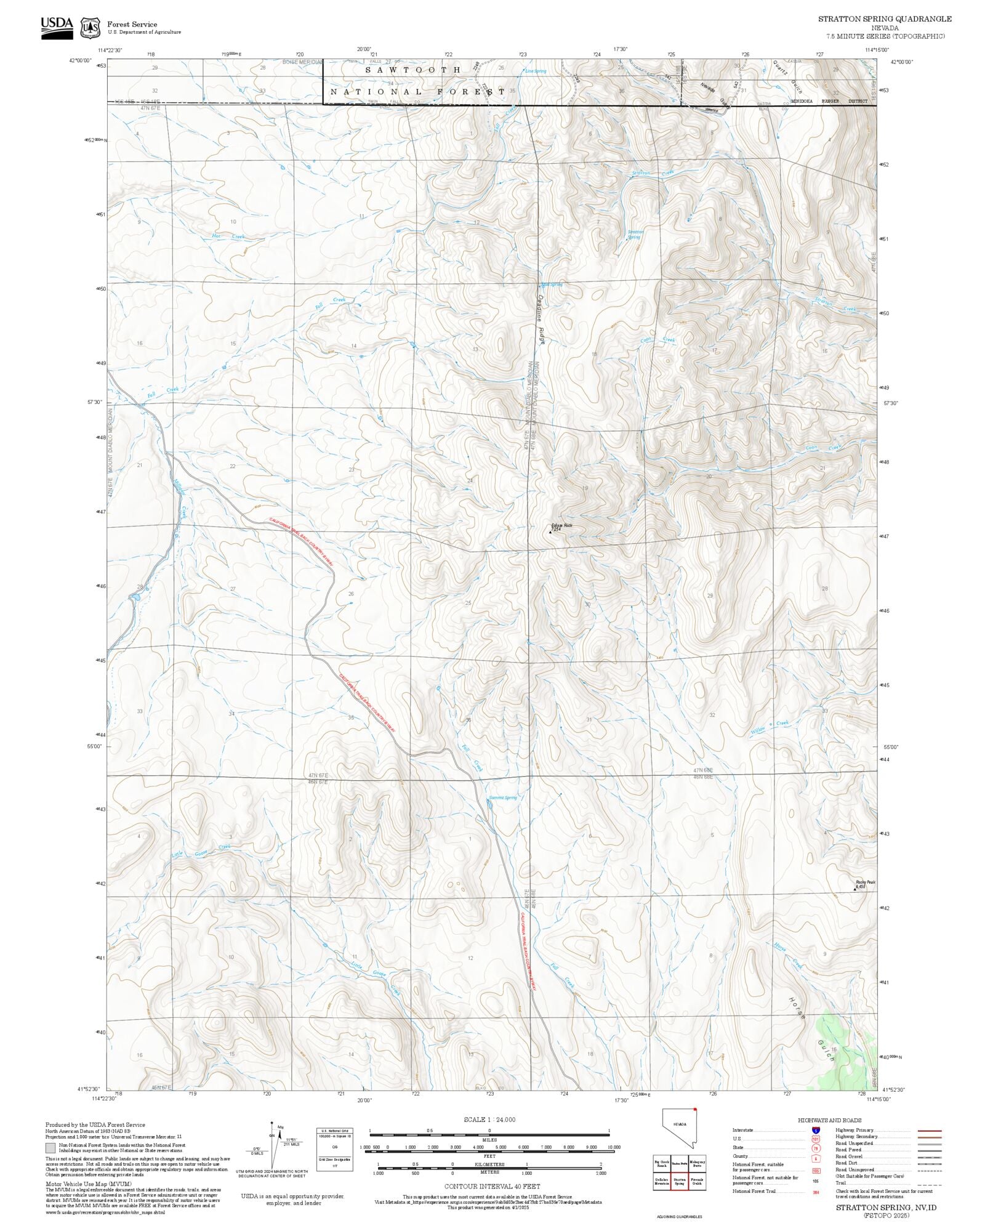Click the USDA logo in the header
pos(57,27)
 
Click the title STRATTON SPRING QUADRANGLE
pos(884,19)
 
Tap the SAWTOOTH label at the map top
pos(413,70)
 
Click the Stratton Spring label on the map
pos(635,235)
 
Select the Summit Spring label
pos(503,797)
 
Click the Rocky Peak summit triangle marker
pos(855,889)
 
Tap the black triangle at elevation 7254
pos(550,531)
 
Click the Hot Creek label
pos(228,236)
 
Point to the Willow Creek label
pos(770,727)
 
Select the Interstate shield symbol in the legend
pos(816,1131)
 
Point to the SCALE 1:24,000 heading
pos(489,1120)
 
